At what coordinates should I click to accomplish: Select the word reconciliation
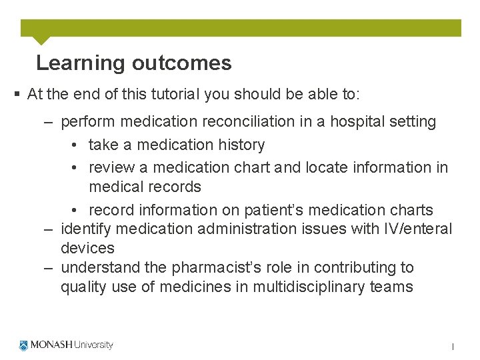coord(224,122)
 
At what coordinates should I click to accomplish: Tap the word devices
coord(87,249)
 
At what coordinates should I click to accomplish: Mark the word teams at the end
coord(393,287)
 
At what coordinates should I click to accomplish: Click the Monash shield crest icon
coord(24,345)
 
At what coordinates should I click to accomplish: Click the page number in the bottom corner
coord(453,347)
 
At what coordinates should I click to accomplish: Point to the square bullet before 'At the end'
coord(17,95)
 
